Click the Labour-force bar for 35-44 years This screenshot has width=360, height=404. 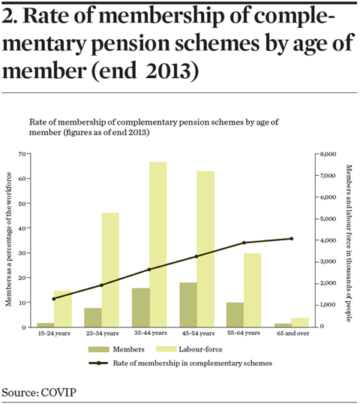click(158, 245)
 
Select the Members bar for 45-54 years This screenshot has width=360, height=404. click(188, 305)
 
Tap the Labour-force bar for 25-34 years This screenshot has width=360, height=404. click(110, 270)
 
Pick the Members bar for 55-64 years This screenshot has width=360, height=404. click(235, 315)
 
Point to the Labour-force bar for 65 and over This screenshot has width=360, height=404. click(300, 323)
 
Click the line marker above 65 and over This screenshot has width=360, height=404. click(292, 239)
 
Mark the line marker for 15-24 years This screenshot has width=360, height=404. click(54, 299)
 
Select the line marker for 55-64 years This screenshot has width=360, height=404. click(244, 243)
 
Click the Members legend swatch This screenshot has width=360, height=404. click(99, 349)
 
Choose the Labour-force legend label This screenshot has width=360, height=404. click(200, 349)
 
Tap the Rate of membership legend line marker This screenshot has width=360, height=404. click(98, 363)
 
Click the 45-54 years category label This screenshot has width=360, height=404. click(198, 333)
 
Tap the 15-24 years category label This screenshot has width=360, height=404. click(54, 333)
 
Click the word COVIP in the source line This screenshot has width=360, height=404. click(58, 393)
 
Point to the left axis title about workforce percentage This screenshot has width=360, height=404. click(9, 239)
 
